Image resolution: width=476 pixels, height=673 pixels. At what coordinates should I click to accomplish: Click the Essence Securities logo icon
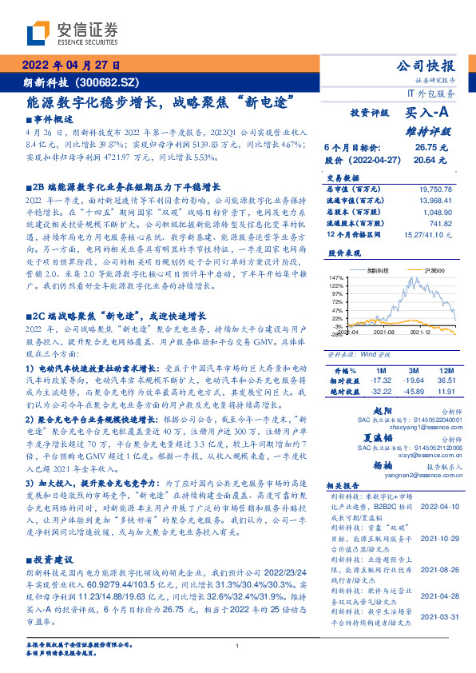pyautogui.click(x=40, y=34)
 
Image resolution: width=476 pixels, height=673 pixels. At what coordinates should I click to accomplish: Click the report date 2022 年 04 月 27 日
pyautogui.click(x=69, y=65)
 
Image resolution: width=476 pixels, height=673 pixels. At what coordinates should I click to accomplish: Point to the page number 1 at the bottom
pyautogui.click(x=237, y=647)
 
